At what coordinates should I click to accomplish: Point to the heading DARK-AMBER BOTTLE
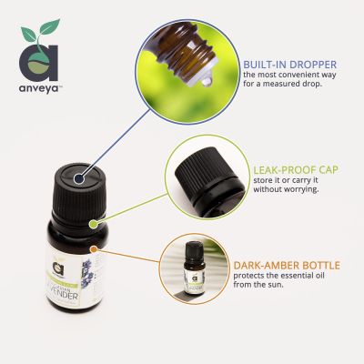pos(286,265)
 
